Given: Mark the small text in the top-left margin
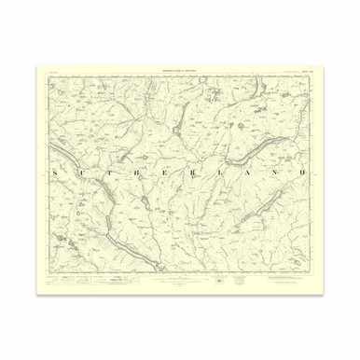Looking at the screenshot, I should pyautogui.click(x=51, y=72).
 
